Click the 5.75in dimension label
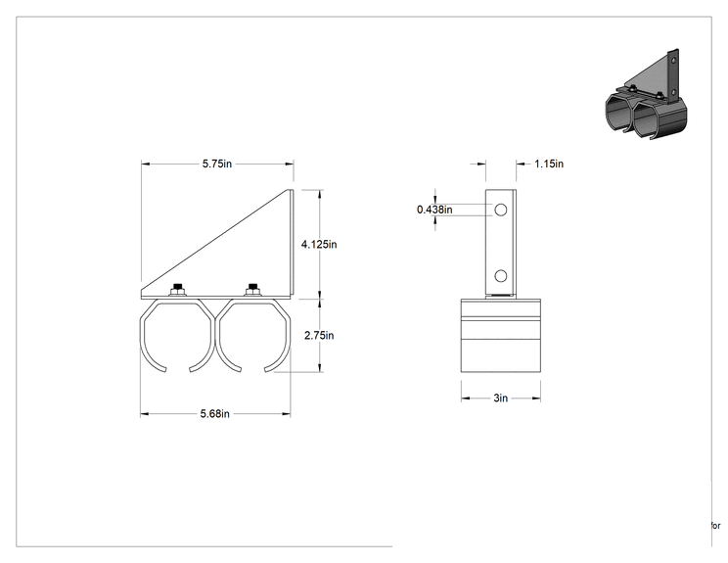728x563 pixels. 217,164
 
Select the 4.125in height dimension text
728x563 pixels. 319,244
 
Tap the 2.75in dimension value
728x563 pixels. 319,336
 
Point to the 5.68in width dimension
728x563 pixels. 215,414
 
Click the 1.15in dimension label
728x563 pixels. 549,164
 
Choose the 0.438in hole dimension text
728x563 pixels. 434,210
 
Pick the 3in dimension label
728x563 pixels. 501,399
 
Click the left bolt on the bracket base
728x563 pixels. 177,290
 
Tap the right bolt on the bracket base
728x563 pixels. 252,290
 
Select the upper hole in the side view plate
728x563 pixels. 501,210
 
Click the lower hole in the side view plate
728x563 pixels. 501,276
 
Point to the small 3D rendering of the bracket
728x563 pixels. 646,94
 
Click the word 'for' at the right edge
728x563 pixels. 715,526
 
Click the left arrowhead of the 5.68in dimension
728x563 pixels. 145,414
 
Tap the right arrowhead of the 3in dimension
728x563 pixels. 536,399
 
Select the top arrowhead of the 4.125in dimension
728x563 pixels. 319,194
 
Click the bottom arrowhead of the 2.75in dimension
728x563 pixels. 319,367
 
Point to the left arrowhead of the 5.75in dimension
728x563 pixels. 146,164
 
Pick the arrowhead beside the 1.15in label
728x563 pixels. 521,164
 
